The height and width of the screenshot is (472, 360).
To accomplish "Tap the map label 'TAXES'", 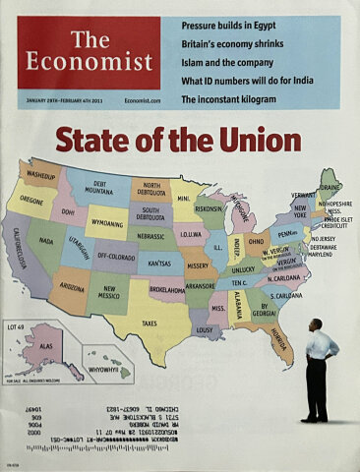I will [x=149, y=323].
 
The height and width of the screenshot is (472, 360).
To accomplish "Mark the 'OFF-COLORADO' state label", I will [x=117, y=255].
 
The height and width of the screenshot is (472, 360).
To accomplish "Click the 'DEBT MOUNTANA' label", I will [x=99, y=188].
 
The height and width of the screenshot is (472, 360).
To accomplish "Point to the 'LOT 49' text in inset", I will [x=17, y=325].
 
